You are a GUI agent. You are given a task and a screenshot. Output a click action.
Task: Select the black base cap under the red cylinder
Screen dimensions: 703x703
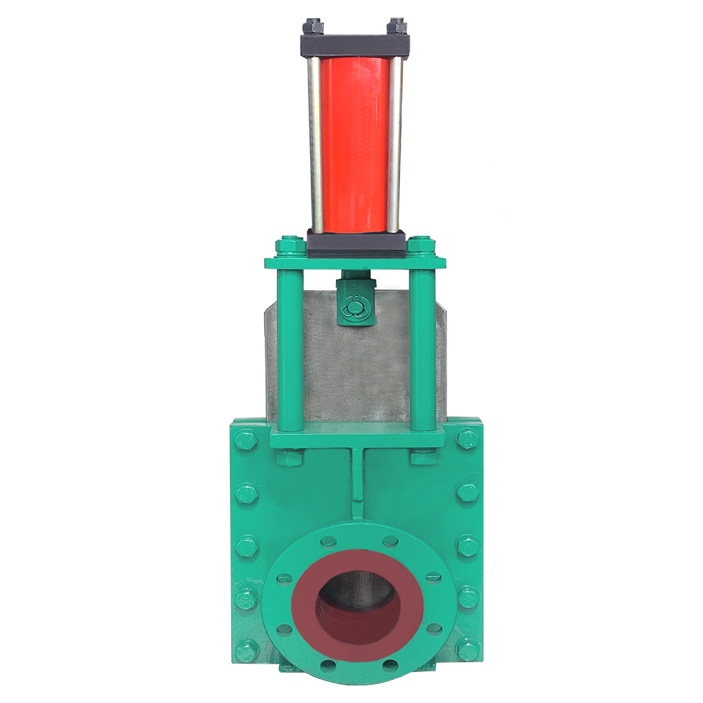click(x=356, y=244)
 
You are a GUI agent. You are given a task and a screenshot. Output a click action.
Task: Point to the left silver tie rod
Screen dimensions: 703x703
click(x=316, y=144)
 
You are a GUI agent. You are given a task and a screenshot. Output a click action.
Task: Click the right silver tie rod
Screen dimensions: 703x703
click(x=396, y=144)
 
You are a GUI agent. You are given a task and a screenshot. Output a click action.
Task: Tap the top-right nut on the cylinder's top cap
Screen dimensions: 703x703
click(x=399, y=27)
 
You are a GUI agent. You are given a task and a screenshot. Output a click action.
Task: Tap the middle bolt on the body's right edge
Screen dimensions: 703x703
click(x=467, y=545)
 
